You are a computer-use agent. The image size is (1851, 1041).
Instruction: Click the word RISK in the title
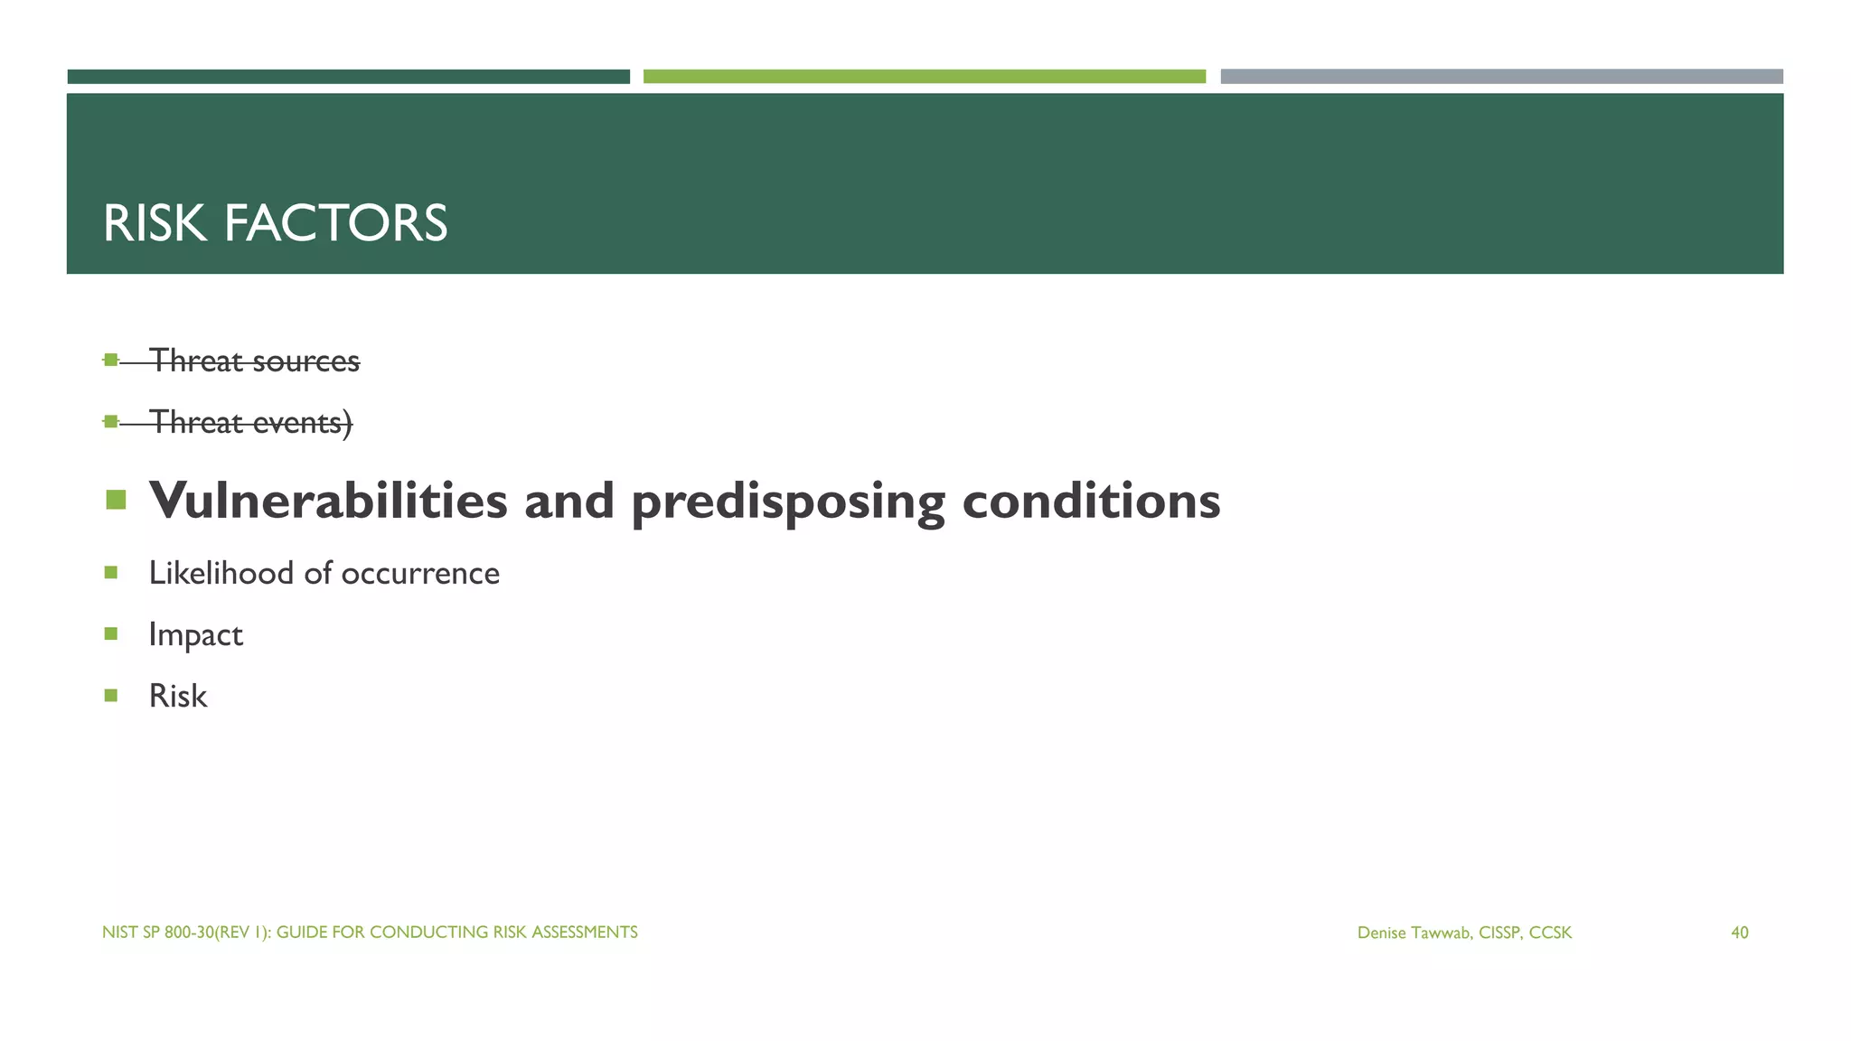155,223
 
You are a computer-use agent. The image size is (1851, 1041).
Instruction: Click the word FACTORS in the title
335,223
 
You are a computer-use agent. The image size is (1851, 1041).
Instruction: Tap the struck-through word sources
305,361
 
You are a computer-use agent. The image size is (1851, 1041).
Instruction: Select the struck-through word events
299,422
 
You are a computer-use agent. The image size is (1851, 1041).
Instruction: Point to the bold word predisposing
787,502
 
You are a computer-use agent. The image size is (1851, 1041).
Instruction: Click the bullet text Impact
195,635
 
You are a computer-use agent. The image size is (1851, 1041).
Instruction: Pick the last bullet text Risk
178,696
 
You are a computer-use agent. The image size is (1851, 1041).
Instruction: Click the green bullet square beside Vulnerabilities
116,499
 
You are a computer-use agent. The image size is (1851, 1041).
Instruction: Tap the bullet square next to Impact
111,633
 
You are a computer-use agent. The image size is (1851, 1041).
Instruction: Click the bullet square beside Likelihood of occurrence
111,572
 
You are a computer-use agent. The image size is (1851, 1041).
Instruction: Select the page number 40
1739,933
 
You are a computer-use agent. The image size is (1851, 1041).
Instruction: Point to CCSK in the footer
1550,933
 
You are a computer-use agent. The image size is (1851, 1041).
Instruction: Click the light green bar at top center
924,77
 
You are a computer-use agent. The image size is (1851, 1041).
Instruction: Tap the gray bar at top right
1501,77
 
